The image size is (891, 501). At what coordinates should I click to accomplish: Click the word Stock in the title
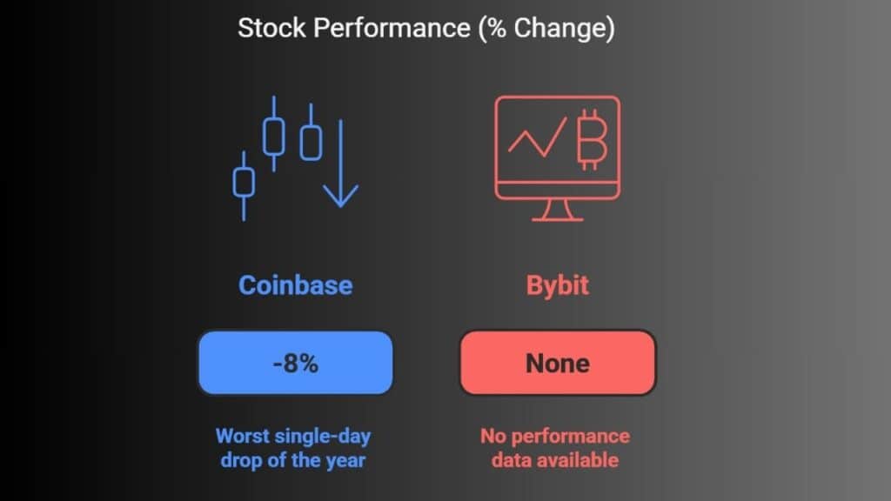tap(271, 28)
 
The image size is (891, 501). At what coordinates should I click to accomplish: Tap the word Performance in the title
tap(392, 28)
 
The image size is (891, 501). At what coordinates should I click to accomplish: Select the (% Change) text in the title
tap(546, 29)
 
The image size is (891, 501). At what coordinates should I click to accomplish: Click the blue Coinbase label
tap(296, 285)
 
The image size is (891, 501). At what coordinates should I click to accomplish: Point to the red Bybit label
tap(558, 285)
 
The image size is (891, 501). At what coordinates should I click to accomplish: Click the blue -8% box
tap(296, 363)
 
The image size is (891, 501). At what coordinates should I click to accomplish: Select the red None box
tap(558, 363)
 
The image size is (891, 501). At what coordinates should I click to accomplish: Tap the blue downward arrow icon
tap(341, 164)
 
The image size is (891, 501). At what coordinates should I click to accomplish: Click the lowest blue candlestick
tap(244, 185)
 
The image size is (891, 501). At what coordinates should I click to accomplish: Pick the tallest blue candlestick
tap(274, 134)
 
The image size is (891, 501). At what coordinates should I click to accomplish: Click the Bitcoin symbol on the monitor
tap(592, 140)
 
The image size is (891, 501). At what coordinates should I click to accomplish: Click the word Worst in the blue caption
tap(243, 437)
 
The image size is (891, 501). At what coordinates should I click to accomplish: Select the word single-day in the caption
tap(322, 437)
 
